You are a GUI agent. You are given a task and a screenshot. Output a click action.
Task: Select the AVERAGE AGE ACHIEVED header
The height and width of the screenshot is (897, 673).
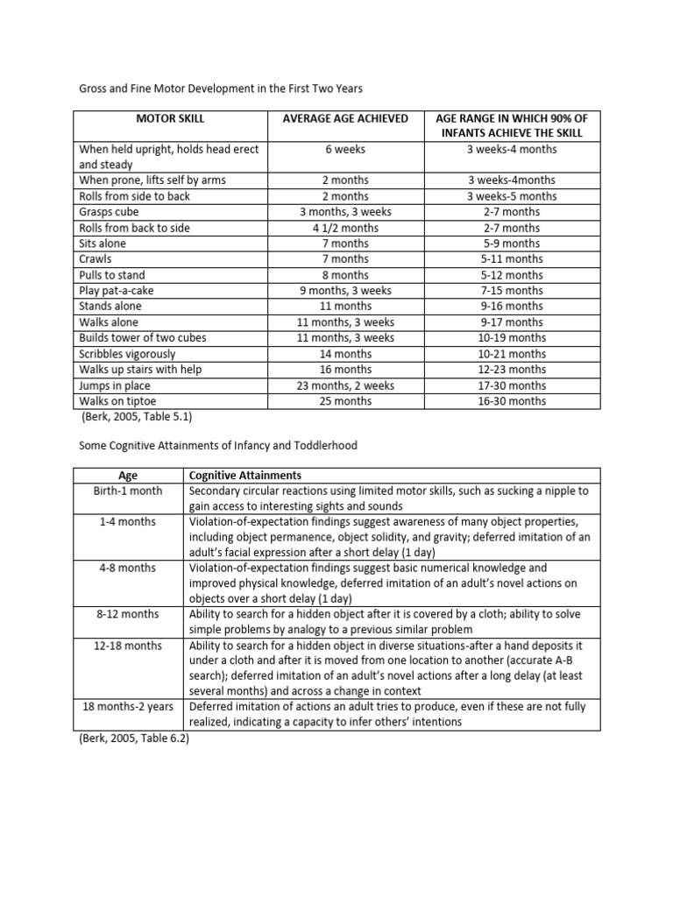click(344, 118)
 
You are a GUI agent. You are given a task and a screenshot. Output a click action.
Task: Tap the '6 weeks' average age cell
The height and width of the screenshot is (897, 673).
click(344, 149)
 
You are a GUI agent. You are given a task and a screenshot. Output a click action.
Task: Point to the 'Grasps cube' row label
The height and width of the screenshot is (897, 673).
click(109, 212)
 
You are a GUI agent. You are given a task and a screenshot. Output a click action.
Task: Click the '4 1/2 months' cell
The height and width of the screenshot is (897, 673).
click(344, 228)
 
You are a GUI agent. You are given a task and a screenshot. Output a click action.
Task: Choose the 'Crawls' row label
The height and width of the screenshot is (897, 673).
click(96, 259)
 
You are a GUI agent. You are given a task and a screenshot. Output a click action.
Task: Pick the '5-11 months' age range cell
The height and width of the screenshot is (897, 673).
click(512, 259)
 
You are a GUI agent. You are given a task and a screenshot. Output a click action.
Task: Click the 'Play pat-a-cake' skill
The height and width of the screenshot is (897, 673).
click(117, 291)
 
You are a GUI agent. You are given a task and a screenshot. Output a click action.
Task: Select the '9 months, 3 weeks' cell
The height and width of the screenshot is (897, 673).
click(344, 291)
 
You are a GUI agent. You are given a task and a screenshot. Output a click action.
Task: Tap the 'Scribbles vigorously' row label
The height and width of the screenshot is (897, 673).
click(127, 354)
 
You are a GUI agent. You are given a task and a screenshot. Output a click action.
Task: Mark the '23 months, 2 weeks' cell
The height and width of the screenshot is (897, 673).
click(344, 385)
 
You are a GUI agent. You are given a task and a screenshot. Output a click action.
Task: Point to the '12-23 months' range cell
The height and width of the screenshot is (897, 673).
click(512, 370)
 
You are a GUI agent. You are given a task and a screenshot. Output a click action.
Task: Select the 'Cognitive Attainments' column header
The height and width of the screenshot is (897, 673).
click(245, 475)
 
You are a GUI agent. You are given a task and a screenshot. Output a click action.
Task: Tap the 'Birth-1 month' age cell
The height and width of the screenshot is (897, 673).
click(128, 491)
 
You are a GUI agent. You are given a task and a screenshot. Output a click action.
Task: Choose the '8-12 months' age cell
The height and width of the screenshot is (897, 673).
click(128, 614)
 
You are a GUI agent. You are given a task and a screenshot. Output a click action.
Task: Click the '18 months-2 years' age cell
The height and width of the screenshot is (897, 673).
click(128, 706)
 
